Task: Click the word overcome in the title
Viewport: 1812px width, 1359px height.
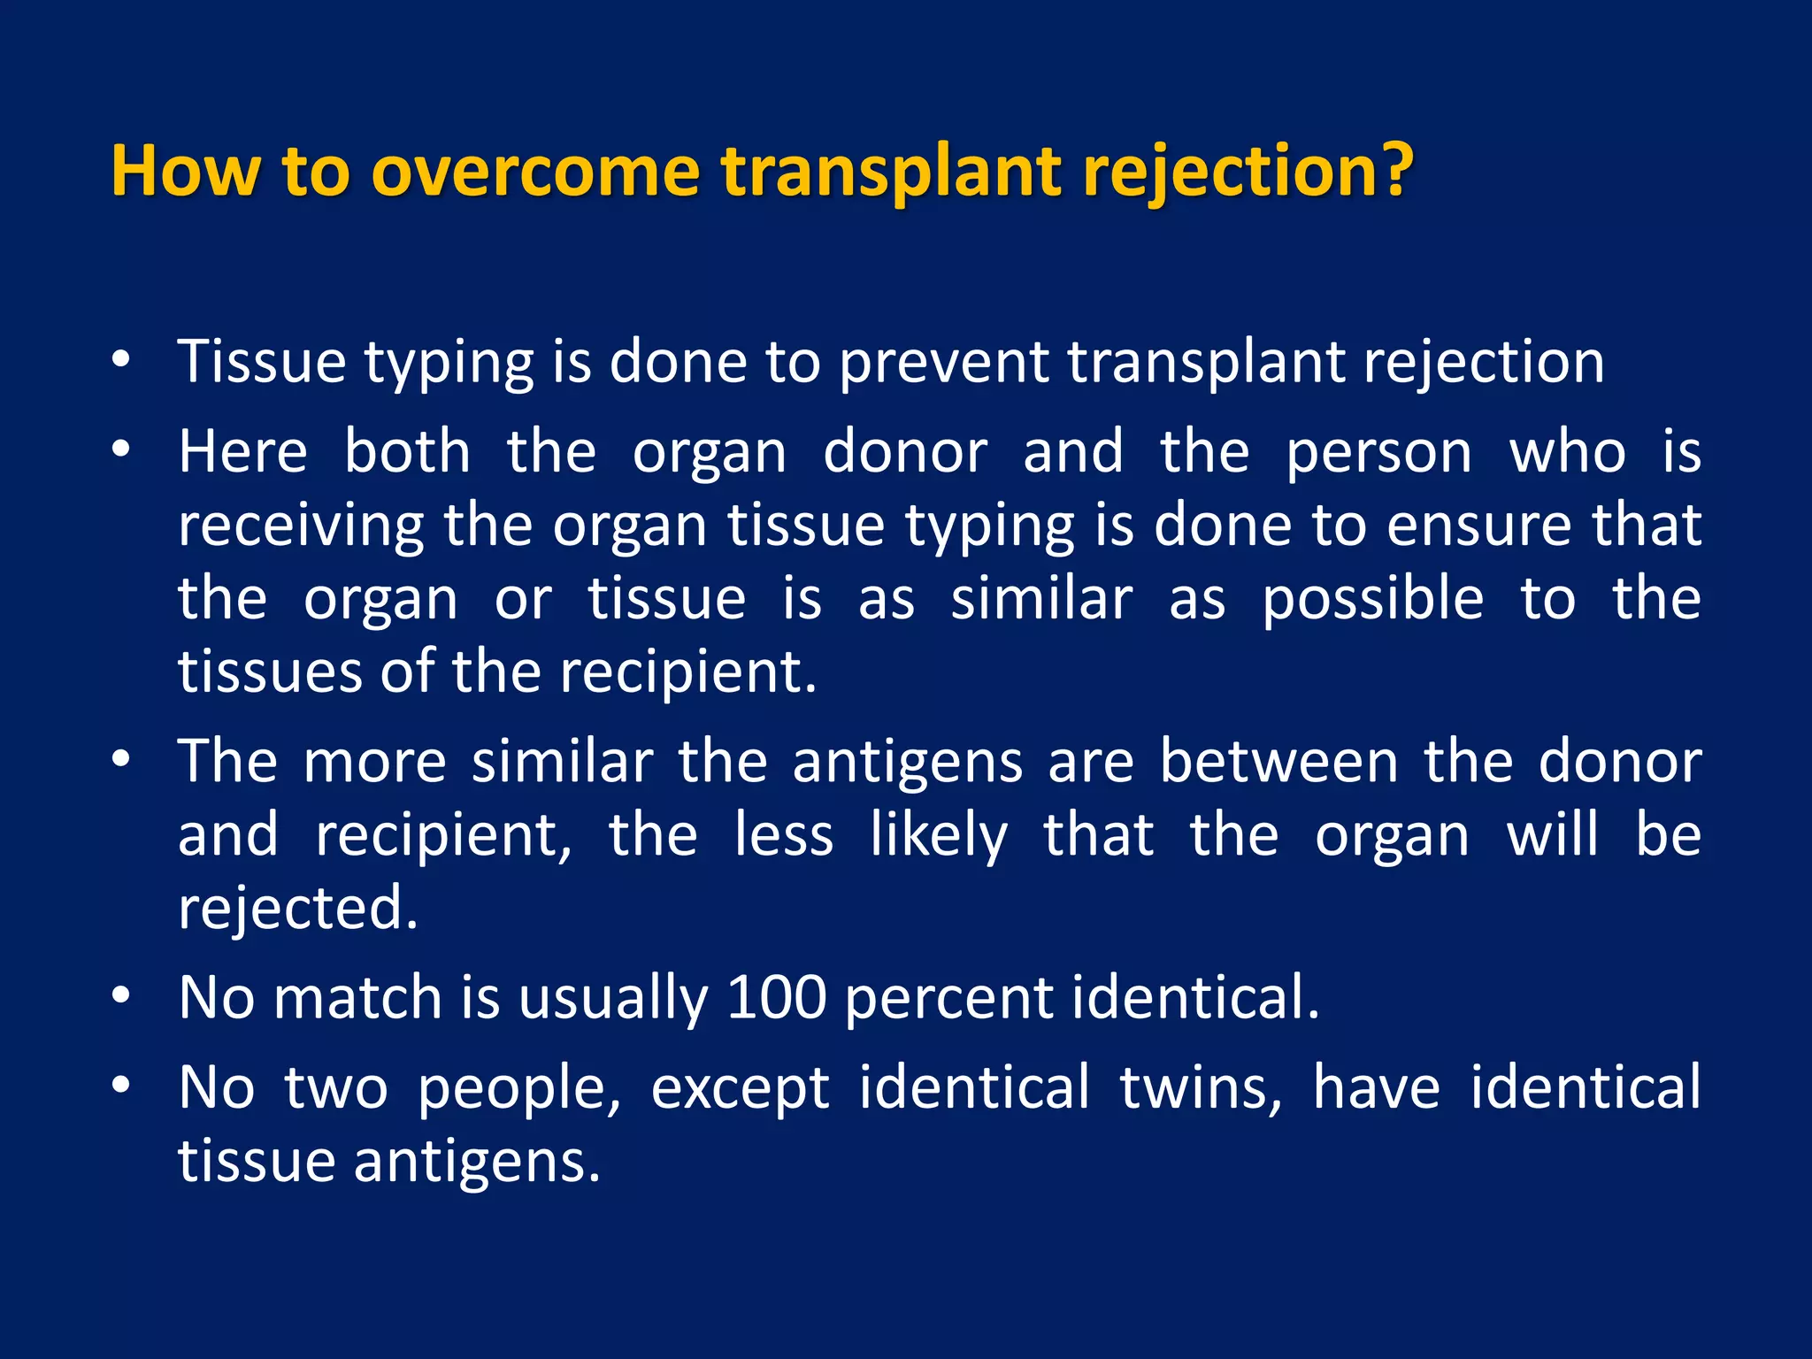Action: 535,172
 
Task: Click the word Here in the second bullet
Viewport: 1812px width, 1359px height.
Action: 242,452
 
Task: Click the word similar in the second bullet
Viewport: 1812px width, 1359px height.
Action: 1041,599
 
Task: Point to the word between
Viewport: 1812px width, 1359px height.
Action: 1279,762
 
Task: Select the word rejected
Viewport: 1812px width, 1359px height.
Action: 297,910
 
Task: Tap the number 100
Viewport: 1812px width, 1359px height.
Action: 776,997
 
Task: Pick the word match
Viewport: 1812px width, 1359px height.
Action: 357,997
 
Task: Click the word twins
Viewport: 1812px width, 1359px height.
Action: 1200,1087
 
